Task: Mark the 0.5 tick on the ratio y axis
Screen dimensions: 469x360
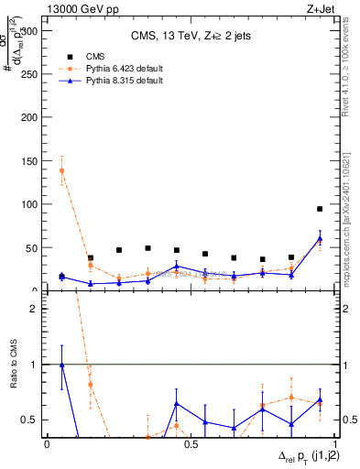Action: [x=33, y=420]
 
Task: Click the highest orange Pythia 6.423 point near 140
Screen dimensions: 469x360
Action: [x=61, y=170]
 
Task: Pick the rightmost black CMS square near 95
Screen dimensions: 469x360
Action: [x=320, y=209]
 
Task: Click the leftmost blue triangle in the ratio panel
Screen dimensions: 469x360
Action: [x=61, y=365]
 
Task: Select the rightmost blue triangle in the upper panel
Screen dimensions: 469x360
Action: [x=320, y=238]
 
